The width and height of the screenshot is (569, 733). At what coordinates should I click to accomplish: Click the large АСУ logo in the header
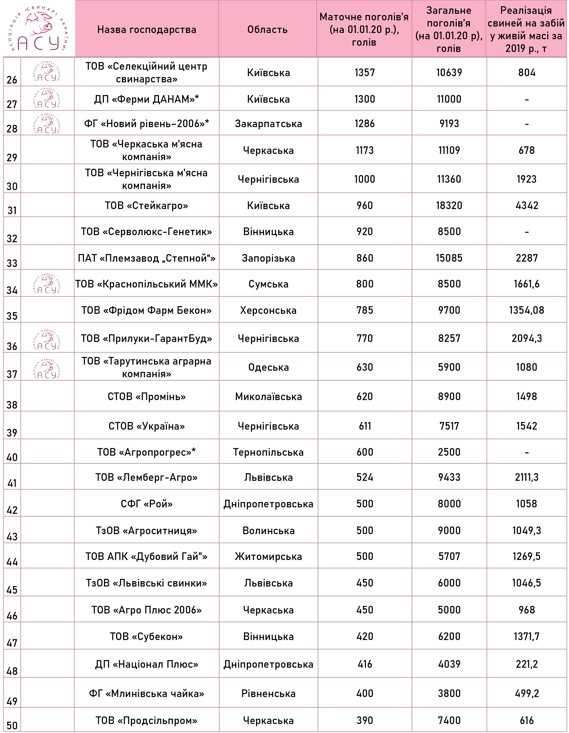38,29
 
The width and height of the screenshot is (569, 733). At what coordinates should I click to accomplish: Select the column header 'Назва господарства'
147,30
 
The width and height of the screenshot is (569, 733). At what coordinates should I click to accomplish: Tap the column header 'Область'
267,30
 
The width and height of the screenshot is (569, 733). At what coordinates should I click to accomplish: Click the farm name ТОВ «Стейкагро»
147,205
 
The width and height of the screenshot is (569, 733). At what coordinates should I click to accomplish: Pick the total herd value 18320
449,205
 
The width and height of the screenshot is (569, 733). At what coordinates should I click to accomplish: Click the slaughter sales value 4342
526,205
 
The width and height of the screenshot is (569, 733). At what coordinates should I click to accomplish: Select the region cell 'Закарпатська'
268,123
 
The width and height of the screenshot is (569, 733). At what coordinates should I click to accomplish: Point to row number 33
12,263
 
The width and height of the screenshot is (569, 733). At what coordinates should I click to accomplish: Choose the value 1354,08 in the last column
526,310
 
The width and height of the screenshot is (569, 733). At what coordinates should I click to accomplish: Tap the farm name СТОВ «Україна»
147,426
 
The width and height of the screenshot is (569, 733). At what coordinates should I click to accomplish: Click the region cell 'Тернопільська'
268,452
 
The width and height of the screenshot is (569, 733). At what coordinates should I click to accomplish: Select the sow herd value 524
365,477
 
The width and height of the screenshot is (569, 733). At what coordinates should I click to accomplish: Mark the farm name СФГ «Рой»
147,504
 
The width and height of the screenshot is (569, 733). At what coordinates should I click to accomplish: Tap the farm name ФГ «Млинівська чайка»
147,693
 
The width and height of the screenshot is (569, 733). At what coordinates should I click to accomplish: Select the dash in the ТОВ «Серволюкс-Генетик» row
526,232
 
